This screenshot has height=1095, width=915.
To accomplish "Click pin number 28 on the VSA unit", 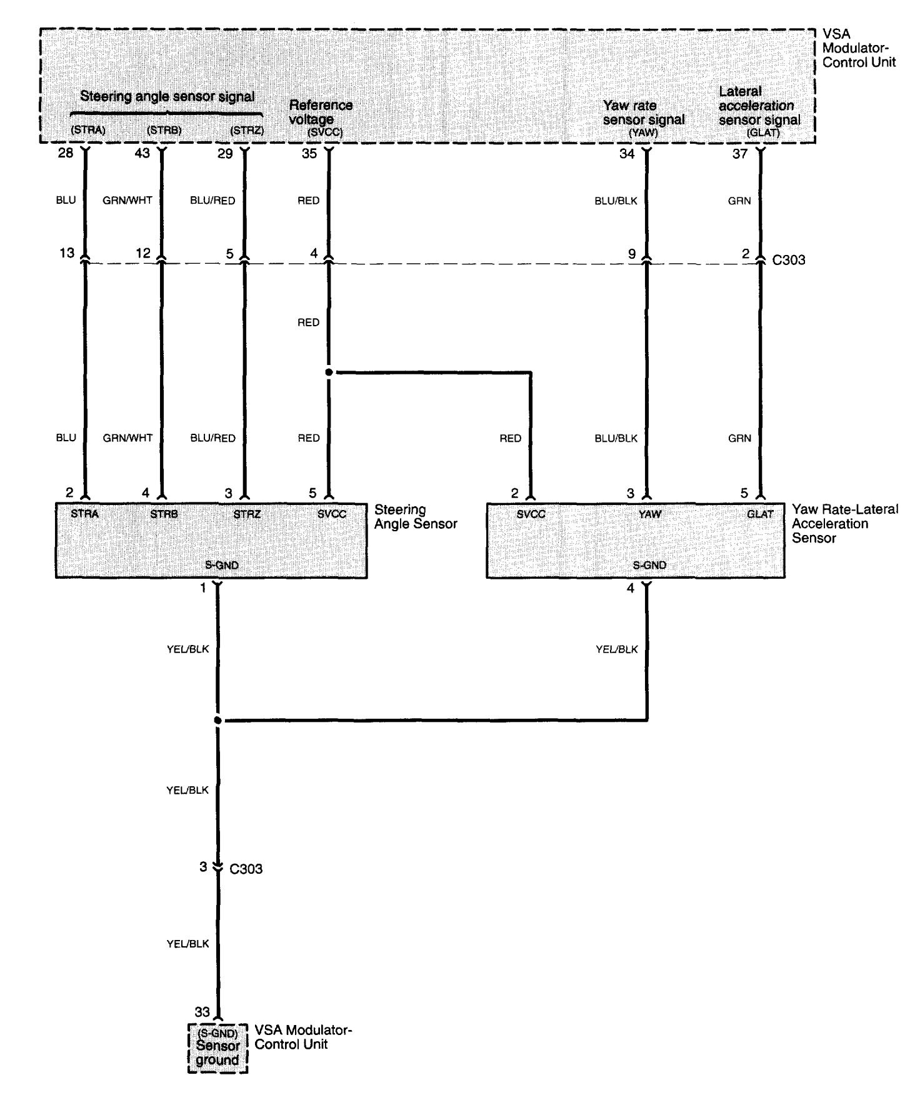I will (66, 153).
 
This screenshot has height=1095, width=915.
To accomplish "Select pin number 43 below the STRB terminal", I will (142, 153).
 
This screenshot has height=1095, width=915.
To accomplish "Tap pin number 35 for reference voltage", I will (309, 153).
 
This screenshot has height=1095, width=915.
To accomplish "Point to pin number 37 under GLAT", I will (740, 154).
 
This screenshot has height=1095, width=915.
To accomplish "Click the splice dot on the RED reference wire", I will (329, 372).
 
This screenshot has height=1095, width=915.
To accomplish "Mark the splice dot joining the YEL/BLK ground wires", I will (217, 721).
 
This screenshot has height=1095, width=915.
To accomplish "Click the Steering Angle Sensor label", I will (416, 517).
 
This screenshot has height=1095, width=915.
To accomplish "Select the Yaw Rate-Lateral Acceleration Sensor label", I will (844, 523).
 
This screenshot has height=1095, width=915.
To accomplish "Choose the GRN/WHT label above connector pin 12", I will (127, 201).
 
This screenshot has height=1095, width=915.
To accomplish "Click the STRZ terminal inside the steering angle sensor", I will (247, 514).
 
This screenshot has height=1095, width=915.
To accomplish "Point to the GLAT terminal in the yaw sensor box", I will (760, 514).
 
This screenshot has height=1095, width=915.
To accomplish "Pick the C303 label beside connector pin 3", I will (246, 869).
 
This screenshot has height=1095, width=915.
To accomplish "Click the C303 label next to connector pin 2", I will (789, 260).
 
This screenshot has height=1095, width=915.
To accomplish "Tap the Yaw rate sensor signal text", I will (644, 112).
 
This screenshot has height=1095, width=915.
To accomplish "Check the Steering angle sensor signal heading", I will (167, 97).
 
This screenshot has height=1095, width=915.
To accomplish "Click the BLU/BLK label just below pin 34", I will (616, 201).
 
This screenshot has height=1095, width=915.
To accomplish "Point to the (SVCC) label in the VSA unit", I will (325, 132).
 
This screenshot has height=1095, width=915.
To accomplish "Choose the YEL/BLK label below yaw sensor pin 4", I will (617, 649).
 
